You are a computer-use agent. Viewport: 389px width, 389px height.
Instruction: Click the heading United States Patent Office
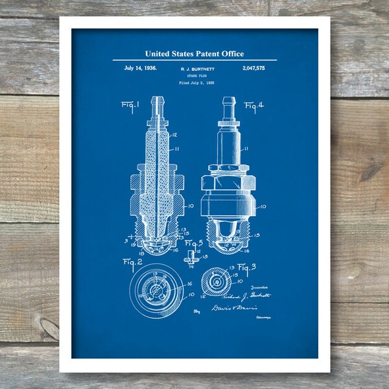click(194, 54)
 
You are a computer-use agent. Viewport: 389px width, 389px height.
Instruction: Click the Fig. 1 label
click(130, 104)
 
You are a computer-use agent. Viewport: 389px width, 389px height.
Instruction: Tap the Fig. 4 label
click(254, 105)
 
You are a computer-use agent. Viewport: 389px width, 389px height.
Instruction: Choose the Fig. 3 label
click(248, 266)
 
